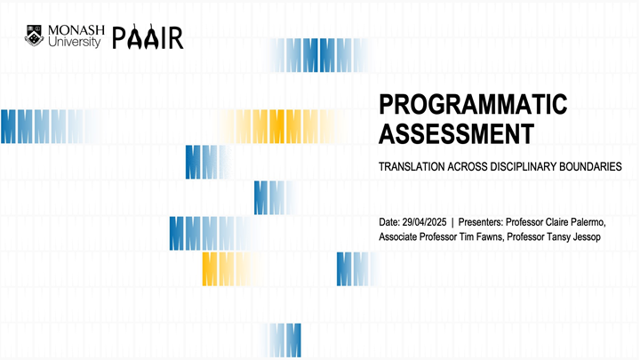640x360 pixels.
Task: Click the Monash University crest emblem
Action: [x=34, y=37]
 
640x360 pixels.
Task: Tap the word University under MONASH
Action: [x=76, y=43]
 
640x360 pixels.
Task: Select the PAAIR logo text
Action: [x=148, y=38]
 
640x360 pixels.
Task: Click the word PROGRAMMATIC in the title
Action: [x=472, y=105]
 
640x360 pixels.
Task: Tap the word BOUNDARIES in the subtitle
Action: [x=591, y=167]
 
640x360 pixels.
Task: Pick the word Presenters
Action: [x=481, y=221]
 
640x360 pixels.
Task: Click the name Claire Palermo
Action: [x=579, y=221]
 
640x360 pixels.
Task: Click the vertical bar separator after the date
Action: [x=452, y=221]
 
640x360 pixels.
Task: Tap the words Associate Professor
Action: [x=419, y=237]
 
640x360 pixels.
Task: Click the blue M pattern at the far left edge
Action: [x=27, y=126]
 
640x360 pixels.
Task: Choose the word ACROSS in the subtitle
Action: [x=468, y=167]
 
